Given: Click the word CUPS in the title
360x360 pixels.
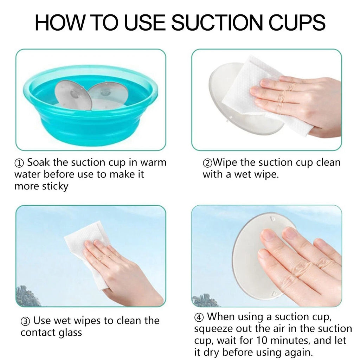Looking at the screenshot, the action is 297,22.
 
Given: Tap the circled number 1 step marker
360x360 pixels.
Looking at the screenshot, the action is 19,163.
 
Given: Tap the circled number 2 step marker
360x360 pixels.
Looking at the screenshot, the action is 207,163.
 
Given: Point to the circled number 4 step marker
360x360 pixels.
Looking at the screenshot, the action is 199,317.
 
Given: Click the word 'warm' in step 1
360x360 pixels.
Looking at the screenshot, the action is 153,162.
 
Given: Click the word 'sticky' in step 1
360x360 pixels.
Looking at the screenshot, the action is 55,186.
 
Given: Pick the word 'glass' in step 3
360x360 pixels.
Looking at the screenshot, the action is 70,333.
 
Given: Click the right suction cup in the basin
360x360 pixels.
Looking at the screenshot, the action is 107,95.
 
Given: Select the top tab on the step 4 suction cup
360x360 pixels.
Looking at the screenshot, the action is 273,219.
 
